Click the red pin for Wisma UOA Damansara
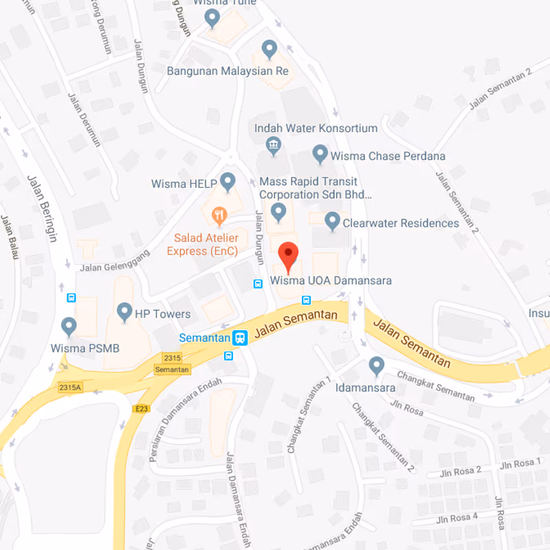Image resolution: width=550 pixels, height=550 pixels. click(287, 256)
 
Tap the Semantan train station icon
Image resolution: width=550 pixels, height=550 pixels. click(240, 338)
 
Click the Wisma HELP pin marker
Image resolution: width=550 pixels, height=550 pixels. click(228, 182)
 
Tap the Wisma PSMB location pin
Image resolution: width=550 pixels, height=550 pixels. click(69, 326)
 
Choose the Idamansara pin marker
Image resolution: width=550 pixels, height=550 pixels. click(376, 366)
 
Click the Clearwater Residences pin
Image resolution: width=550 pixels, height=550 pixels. click(333, 221)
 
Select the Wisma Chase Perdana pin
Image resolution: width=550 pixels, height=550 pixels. click(320, 154)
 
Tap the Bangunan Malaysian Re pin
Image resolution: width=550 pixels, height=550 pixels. click(269, 49)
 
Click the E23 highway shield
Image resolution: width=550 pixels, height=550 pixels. click(141, 409)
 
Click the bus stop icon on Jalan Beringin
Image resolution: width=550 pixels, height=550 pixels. click(71, 298)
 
